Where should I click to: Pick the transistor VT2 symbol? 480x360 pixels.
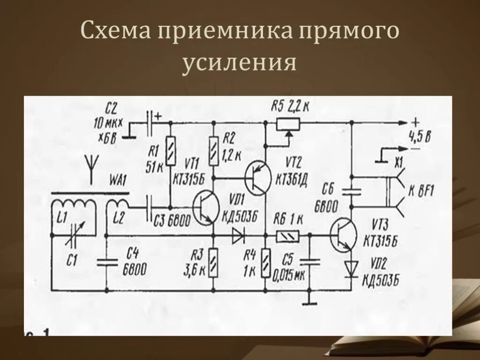pos(257,178)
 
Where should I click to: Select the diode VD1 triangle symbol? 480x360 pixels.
pos(238,236)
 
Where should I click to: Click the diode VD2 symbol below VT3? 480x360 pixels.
pos(350,269)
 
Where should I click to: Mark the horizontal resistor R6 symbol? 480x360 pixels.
pos(286,236)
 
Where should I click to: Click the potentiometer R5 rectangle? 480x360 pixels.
pos(288,123)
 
